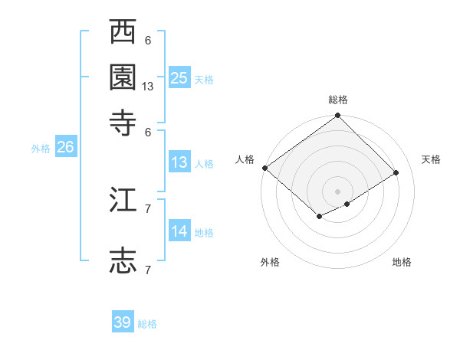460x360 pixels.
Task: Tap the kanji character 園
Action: click(123, 77)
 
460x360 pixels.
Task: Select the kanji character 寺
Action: click(123, 122)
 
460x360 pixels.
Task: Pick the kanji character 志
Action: click(123, 260)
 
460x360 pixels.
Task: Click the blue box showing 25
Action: click(179, 77)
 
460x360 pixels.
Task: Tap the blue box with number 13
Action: click(179, 162)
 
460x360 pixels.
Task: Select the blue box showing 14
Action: click(179, 231)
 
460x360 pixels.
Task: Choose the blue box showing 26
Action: click(65, 148)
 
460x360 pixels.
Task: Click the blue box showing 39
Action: click(123, 322)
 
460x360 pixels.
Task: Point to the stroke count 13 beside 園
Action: click(148, 87)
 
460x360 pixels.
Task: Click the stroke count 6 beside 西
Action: click(148, 40)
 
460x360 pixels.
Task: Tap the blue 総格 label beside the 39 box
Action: click(147, 324)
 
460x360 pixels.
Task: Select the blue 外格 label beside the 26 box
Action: click(41, 149)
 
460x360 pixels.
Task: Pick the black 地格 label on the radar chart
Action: click(402, 262)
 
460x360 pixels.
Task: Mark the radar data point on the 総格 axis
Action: click(337, 116)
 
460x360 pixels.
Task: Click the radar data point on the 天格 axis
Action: click(396, 172)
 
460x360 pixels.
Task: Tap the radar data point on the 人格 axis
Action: click(264, 168)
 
